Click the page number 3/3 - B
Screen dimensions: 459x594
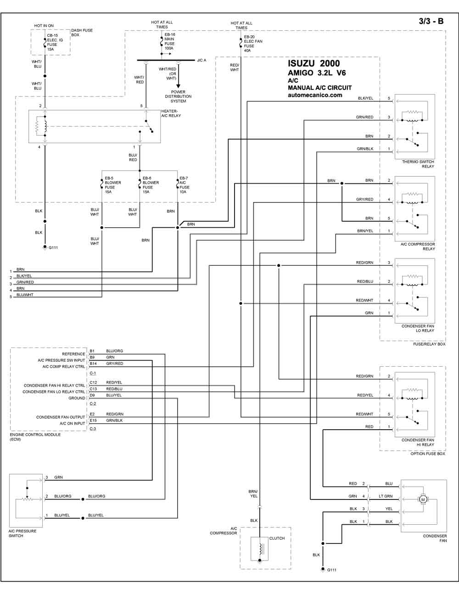(x=431, y=21)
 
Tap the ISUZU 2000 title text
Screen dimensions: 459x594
(x=313, y=63)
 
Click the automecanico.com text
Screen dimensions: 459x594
(x=315, y=95)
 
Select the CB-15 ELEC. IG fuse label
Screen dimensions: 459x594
(x=55, y=42)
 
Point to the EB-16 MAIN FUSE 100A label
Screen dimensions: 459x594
(x=169, y=41)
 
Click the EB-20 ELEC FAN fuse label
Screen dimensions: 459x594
(x=253, y=44)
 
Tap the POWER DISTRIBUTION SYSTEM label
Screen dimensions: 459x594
(x=178, y=96)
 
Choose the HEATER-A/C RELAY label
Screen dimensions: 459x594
(x=171, y=113)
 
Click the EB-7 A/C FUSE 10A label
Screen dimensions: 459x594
(x=185, y=185)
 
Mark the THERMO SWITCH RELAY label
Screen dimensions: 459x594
(x=418, y=164)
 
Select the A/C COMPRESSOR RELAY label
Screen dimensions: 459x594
(x=418, y=247)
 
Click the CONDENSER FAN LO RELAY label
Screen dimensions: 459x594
(x=418, y=328)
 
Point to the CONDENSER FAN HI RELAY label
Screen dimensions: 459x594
(x=418, y=443)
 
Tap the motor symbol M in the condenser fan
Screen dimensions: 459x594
(x=423, y=500)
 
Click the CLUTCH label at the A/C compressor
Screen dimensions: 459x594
(x=277, y=538)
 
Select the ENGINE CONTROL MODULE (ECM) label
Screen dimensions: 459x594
(x=35, y=437)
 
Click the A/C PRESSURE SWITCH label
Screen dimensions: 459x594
(x=22, y=533)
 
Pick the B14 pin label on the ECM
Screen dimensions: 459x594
(x=93, y=364)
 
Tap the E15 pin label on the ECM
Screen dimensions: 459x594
(x=93, y=420)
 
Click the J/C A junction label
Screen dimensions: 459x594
(x=202, y=60)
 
